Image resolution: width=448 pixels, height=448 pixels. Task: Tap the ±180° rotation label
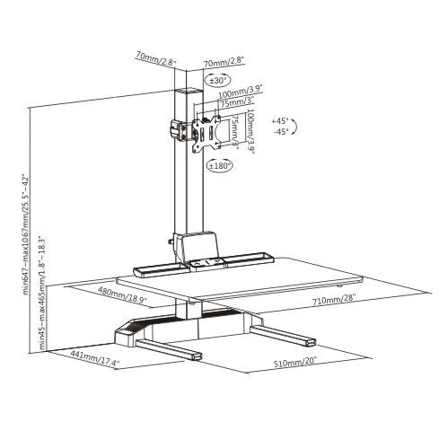pyautogui.click(x=220, y=165)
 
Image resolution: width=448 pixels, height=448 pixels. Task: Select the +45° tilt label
pyautogui.click(x=281, y=119)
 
